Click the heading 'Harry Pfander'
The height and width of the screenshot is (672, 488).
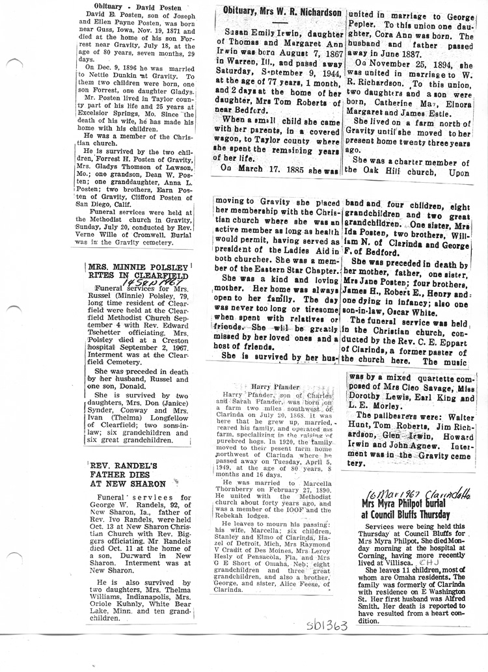tap(278, 386)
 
